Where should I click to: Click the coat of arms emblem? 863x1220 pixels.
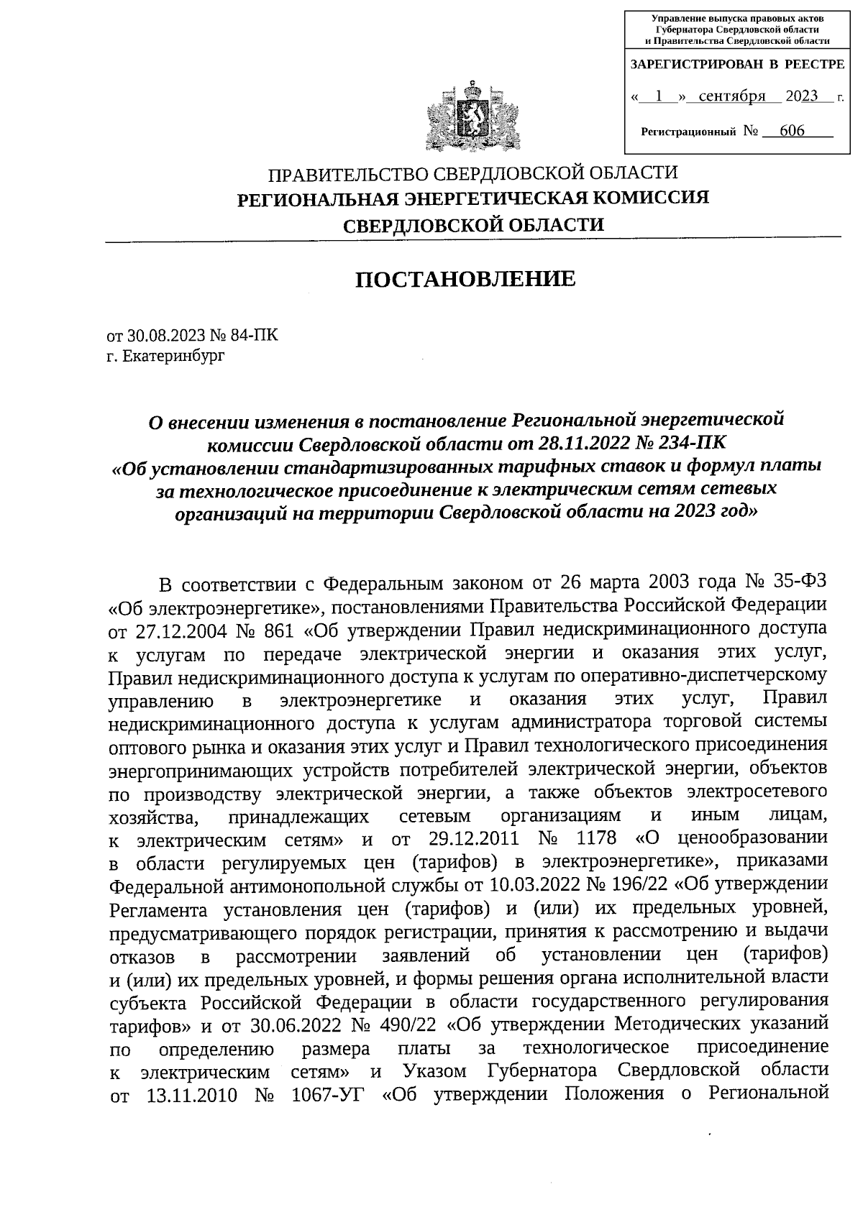tap(472, 117)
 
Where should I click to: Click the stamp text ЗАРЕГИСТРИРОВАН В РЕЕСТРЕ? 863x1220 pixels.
tap(737, 65)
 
